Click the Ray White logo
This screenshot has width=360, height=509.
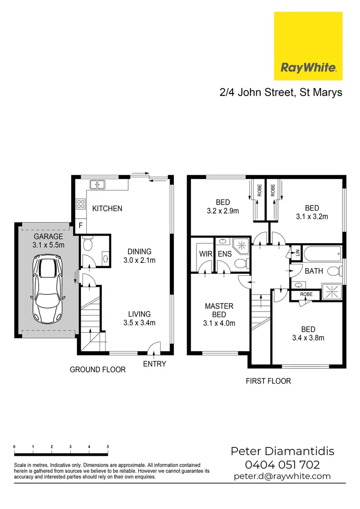pos(308,46)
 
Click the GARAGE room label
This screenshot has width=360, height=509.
pos(48,237)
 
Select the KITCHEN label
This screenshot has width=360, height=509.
pos(107,208)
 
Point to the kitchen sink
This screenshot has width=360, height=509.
pos(98,184)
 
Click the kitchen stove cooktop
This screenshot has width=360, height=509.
pos(81,204)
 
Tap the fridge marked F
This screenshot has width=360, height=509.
pos(81,226)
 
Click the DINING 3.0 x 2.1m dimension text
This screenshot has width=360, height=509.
pos(139,260)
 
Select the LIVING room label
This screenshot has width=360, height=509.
pos(139,314)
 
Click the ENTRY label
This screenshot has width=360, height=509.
pos(154,364)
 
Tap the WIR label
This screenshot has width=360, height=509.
pos(205,254)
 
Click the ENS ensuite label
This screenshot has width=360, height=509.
pos(224,254)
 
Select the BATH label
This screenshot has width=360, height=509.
pos(313,271)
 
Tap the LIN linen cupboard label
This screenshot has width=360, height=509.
pos(297,252)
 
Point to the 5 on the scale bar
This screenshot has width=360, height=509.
pos(108,446)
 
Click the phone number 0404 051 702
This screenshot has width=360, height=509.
pos(282,465)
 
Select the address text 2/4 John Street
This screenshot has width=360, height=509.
pos(257,92)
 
